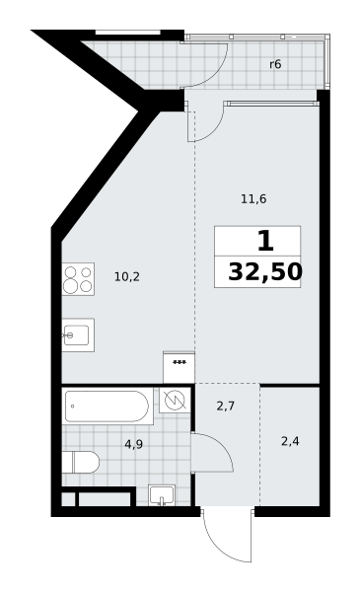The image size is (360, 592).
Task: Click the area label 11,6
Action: tap(253, 198)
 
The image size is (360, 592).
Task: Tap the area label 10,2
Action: tap(127, 276)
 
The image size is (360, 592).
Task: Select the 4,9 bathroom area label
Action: tap(133, 444)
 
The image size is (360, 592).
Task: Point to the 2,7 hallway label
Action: tap(226, 407)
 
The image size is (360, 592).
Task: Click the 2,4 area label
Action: tap(290, 441)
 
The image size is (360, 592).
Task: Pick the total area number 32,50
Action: tap(265, 272)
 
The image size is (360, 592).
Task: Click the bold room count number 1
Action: tap(265, 242)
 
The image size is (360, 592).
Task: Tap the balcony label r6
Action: tap(275, 64)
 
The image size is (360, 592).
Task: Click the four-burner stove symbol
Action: tap(78, 279)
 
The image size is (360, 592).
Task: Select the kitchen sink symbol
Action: tap(78, 334)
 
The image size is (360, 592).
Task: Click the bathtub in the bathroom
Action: tap(107, 407)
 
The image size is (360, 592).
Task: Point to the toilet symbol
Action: tap(80, 462)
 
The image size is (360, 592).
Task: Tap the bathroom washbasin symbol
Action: tap(162, 494)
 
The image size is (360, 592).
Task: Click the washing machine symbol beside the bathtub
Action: tap(174, 401)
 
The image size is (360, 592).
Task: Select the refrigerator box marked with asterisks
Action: tap(179, 367)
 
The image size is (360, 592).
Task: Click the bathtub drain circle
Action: tap(72, 407)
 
